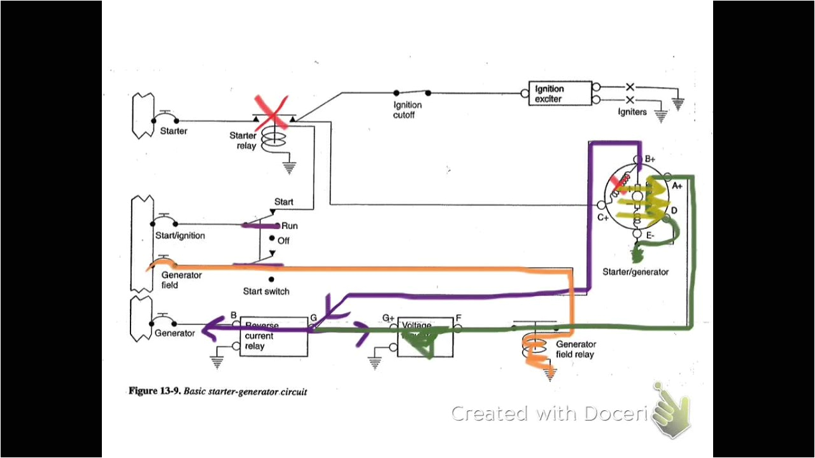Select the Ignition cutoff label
point(407,110)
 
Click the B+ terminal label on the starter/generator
point(650,159)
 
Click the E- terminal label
point(650,236)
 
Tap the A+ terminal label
point(677,186)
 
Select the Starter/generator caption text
point(635,272)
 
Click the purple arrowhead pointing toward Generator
point(210,329)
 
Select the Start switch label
point(266,291)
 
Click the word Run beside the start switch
point(290,226)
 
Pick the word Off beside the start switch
point(283,240)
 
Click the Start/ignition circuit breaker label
point(180,236)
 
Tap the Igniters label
point(632,112)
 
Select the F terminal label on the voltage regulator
point(458,316)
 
